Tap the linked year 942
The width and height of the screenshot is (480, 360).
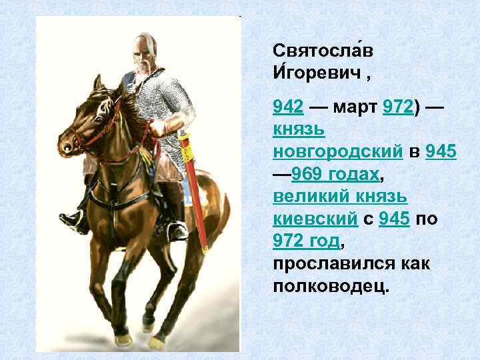coord(289,107)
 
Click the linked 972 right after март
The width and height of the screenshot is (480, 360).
coord(399,107)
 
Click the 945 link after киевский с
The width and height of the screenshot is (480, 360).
coord(393,219)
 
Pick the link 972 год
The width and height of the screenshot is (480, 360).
coord(306,241)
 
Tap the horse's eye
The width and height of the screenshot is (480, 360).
coord(87,113)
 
